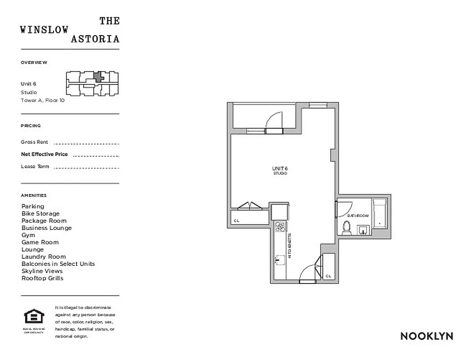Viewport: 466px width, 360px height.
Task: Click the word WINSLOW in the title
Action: pyautogui.click(x=45, y=30)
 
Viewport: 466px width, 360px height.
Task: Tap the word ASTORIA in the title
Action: pyautogui.click(x=95, y=39)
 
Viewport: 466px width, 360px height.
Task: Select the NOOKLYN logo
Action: pyautogui.click(x=426, y=336)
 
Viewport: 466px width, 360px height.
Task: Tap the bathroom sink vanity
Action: pyautogui.click(x=363, y=230)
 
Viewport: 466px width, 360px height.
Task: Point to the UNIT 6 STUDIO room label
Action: pyautogui.click(x=279, y=171)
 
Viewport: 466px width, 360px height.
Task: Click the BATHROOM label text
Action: pyautogui.click(x=358, y=216)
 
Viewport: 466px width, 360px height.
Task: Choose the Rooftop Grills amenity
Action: pyautogui.click(x=42, y=278)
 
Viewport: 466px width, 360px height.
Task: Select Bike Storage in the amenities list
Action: pyautogui.click(x=40, y=213)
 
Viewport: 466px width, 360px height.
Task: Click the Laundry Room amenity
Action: pyautogui.click(x=44, y=256)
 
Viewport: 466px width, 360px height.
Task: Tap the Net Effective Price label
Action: pyautogui.click(x=45, y=154)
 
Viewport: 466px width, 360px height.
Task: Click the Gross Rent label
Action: pyautogui.click(x=34, y=142)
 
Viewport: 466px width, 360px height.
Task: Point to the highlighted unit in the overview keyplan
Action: pyautogui.click(x=99, y=76)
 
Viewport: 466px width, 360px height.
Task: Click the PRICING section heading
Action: pyautogui.click(x=31, y=126)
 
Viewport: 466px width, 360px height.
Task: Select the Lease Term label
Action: pyautogui.click(x=35, y=166)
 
